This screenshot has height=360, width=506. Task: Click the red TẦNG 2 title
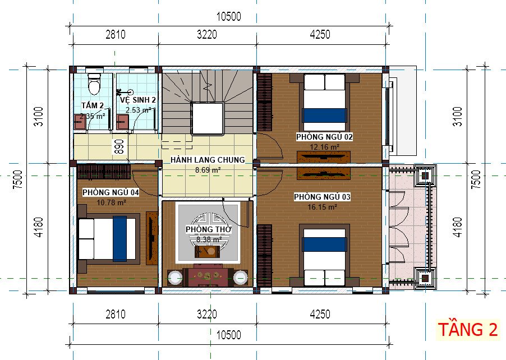click(x=468, y=330)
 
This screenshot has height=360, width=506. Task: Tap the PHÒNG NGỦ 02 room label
click(x=324, y=137)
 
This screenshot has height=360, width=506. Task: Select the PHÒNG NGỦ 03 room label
click(x=322, y=197)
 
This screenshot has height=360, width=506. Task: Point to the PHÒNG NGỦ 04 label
click(x=111, y=192)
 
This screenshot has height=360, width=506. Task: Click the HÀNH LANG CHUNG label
click(x=208, y=160)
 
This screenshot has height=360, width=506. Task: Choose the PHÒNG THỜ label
click(x=209, y=229)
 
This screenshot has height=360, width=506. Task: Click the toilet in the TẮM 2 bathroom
click(x=94, y=84)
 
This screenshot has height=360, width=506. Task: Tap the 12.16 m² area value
click(x=324, y=147)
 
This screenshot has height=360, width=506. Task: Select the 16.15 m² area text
click(x=322, y=207)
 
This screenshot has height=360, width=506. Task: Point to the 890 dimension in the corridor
click(x=119, y=147)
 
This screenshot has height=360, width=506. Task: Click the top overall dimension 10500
click(x=228, y=17)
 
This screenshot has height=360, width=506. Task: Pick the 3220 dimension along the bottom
click(x=207, y=314)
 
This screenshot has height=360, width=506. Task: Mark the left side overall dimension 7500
click(x=18, y=179)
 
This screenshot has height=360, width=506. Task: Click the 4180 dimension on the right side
click(x=458, y=228)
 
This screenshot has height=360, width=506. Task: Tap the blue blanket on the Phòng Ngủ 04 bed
click(x=119, y=239)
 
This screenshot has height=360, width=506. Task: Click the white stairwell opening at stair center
click(x=207, y=118)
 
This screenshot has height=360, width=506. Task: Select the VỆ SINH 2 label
click(x=138, y=100)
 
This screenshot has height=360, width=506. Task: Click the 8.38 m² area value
click(x=209, y=239)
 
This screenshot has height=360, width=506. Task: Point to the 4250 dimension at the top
click(x=320, y=35)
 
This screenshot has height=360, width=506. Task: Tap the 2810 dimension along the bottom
click(x=115, y=314)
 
